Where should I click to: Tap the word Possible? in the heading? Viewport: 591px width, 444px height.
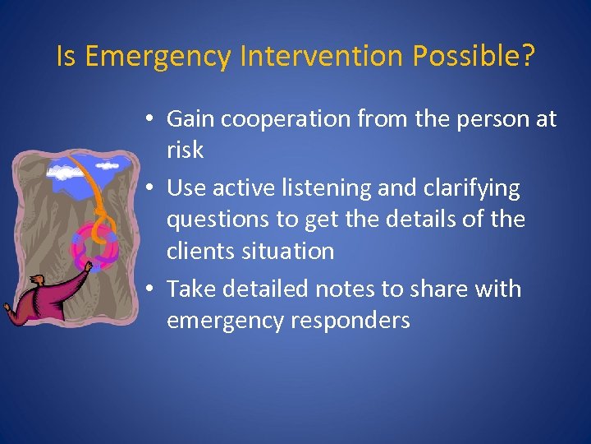(x=474, y=57)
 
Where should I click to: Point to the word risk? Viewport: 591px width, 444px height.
(x=184, y=150)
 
